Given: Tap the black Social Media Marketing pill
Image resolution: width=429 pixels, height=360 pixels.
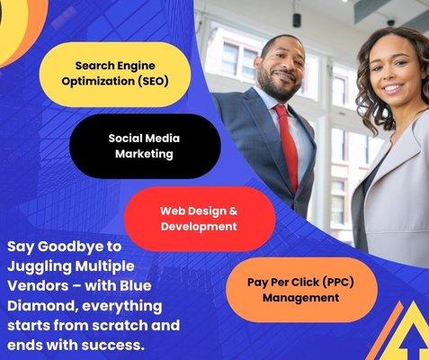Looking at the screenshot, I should (144, 146).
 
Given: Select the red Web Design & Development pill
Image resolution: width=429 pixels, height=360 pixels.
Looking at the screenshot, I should (199, 219).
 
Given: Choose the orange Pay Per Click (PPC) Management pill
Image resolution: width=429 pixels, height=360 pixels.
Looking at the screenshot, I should (300, 289).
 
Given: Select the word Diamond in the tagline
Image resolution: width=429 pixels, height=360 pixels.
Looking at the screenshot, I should (40, 305).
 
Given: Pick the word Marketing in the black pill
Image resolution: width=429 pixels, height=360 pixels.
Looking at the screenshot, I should (144, 154).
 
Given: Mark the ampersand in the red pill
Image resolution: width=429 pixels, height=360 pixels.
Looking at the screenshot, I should (230, 211).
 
